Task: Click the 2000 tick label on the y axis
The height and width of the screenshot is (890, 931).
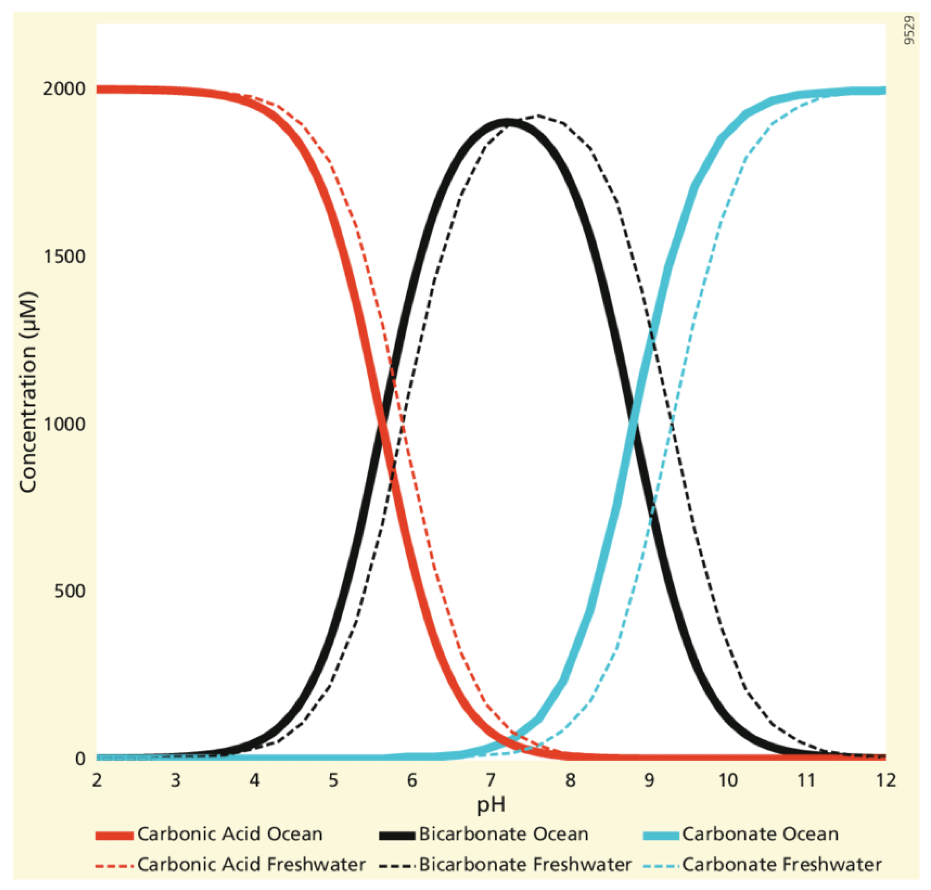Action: click(64, 89)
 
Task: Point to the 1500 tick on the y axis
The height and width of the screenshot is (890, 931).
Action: click(64, 256)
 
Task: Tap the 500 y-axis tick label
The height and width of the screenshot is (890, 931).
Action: click(69, 591)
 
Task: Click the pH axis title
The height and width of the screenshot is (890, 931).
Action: click(491, 805)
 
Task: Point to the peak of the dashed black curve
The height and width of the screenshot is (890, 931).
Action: click(538, 115)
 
